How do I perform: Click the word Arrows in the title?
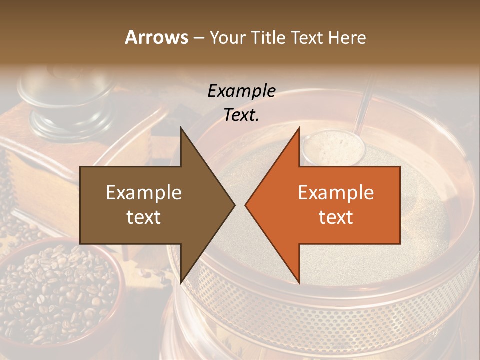point(156,37)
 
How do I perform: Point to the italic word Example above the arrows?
point(242,91)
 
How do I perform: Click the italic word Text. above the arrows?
point(242,115)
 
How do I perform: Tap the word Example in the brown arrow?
point(144,193)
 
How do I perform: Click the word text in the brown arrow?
point(144,217)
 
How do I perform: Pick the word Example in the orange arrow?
point(336,193)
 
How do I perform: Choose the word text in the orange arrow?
point(336,217)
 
